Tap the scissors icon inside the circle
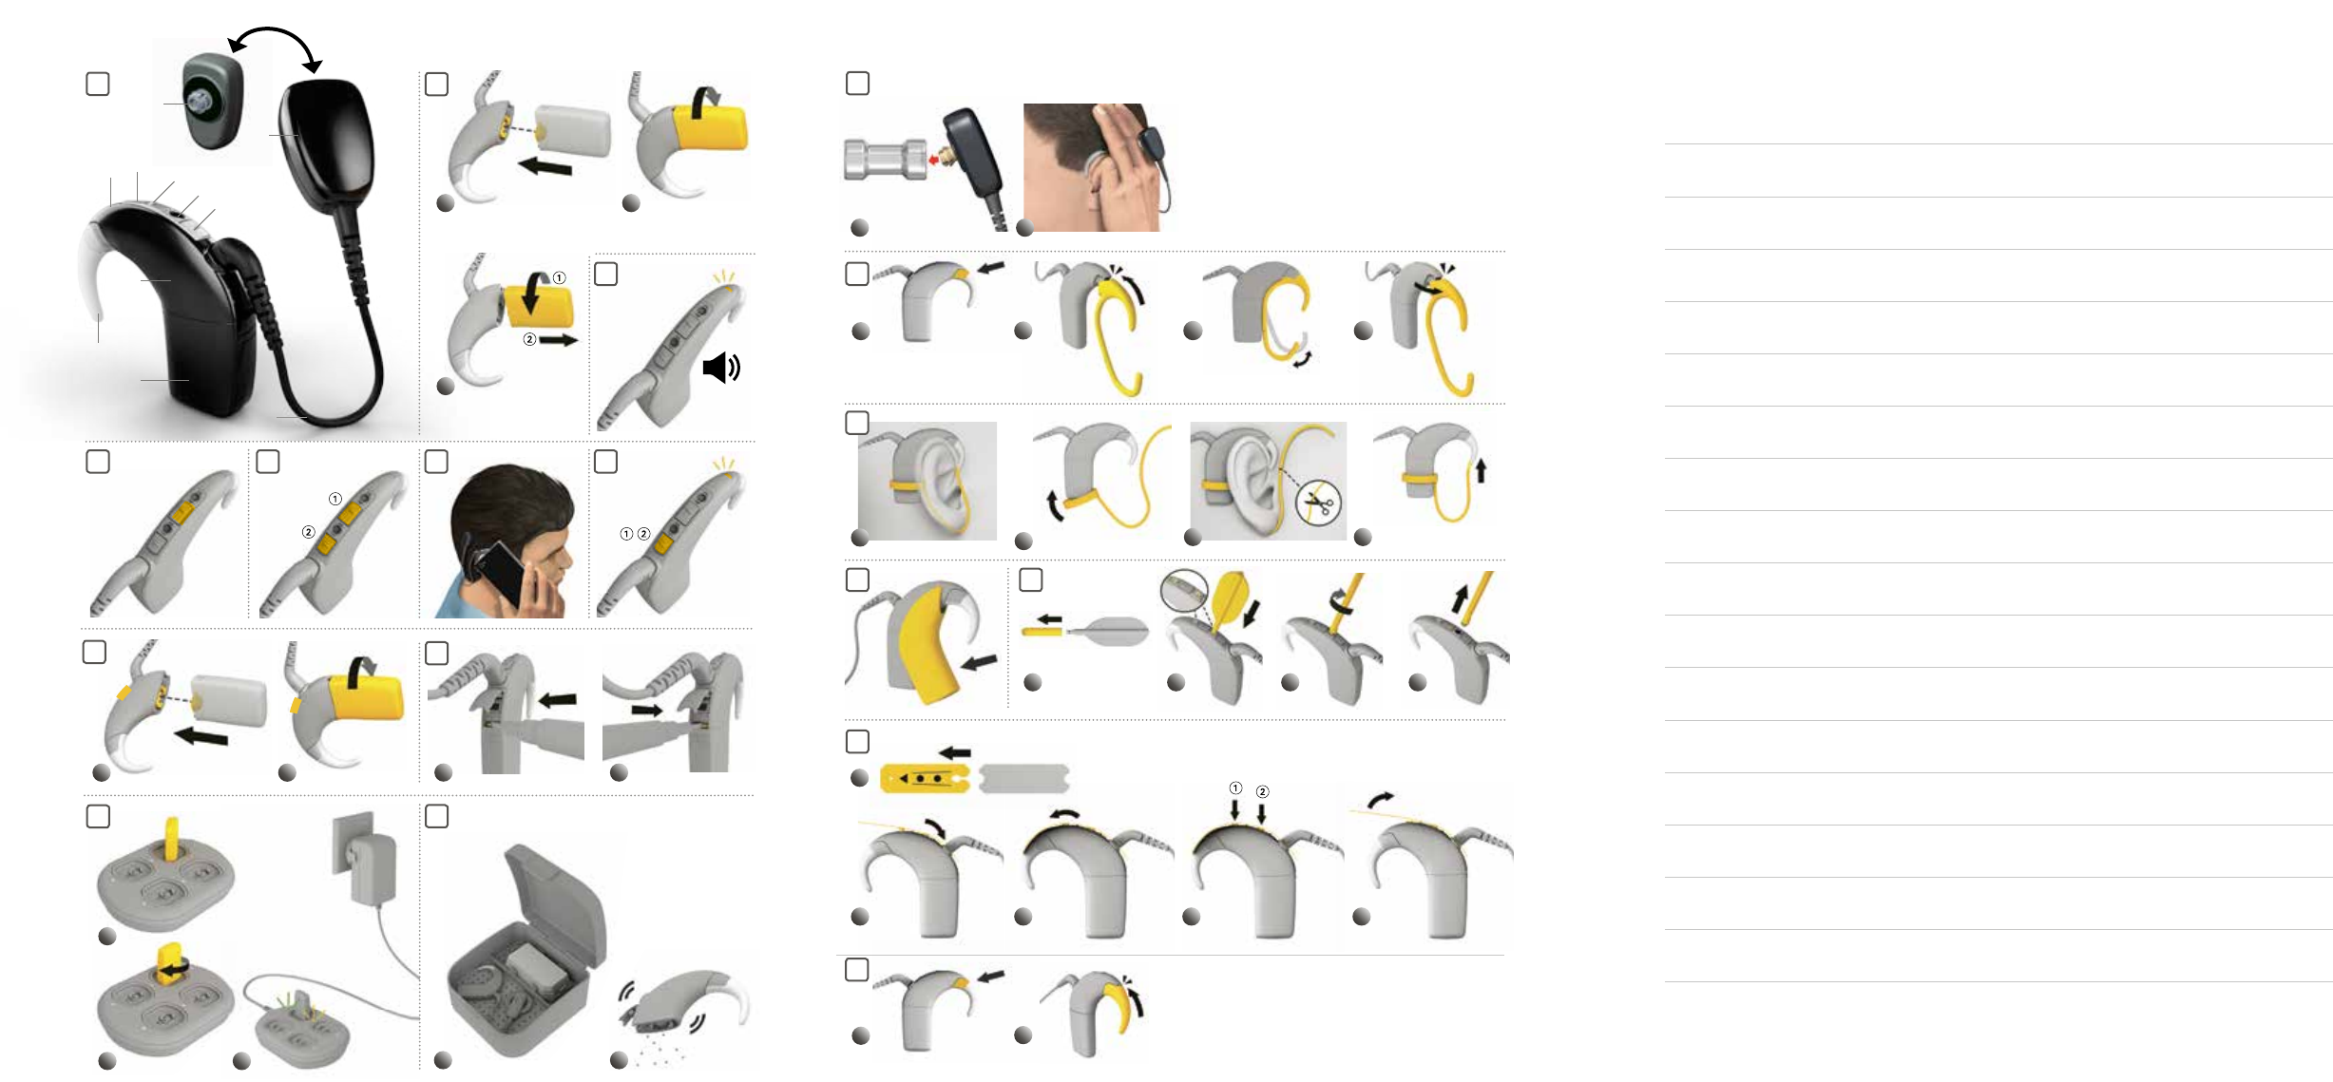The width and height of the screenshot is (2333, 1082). [1318, 502]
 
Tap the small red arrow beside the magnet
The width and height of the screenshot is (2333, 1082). [933, 161]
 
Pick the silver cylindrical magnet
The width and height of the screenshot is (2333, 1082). [884, 161]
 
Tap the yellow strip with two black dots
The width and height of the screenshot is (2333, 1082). [924, 779]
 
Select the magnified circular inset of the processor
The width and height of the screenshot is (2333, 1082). [1184, 591]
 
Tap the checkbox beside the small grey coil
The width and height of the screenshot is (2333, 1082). [98, 84]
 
